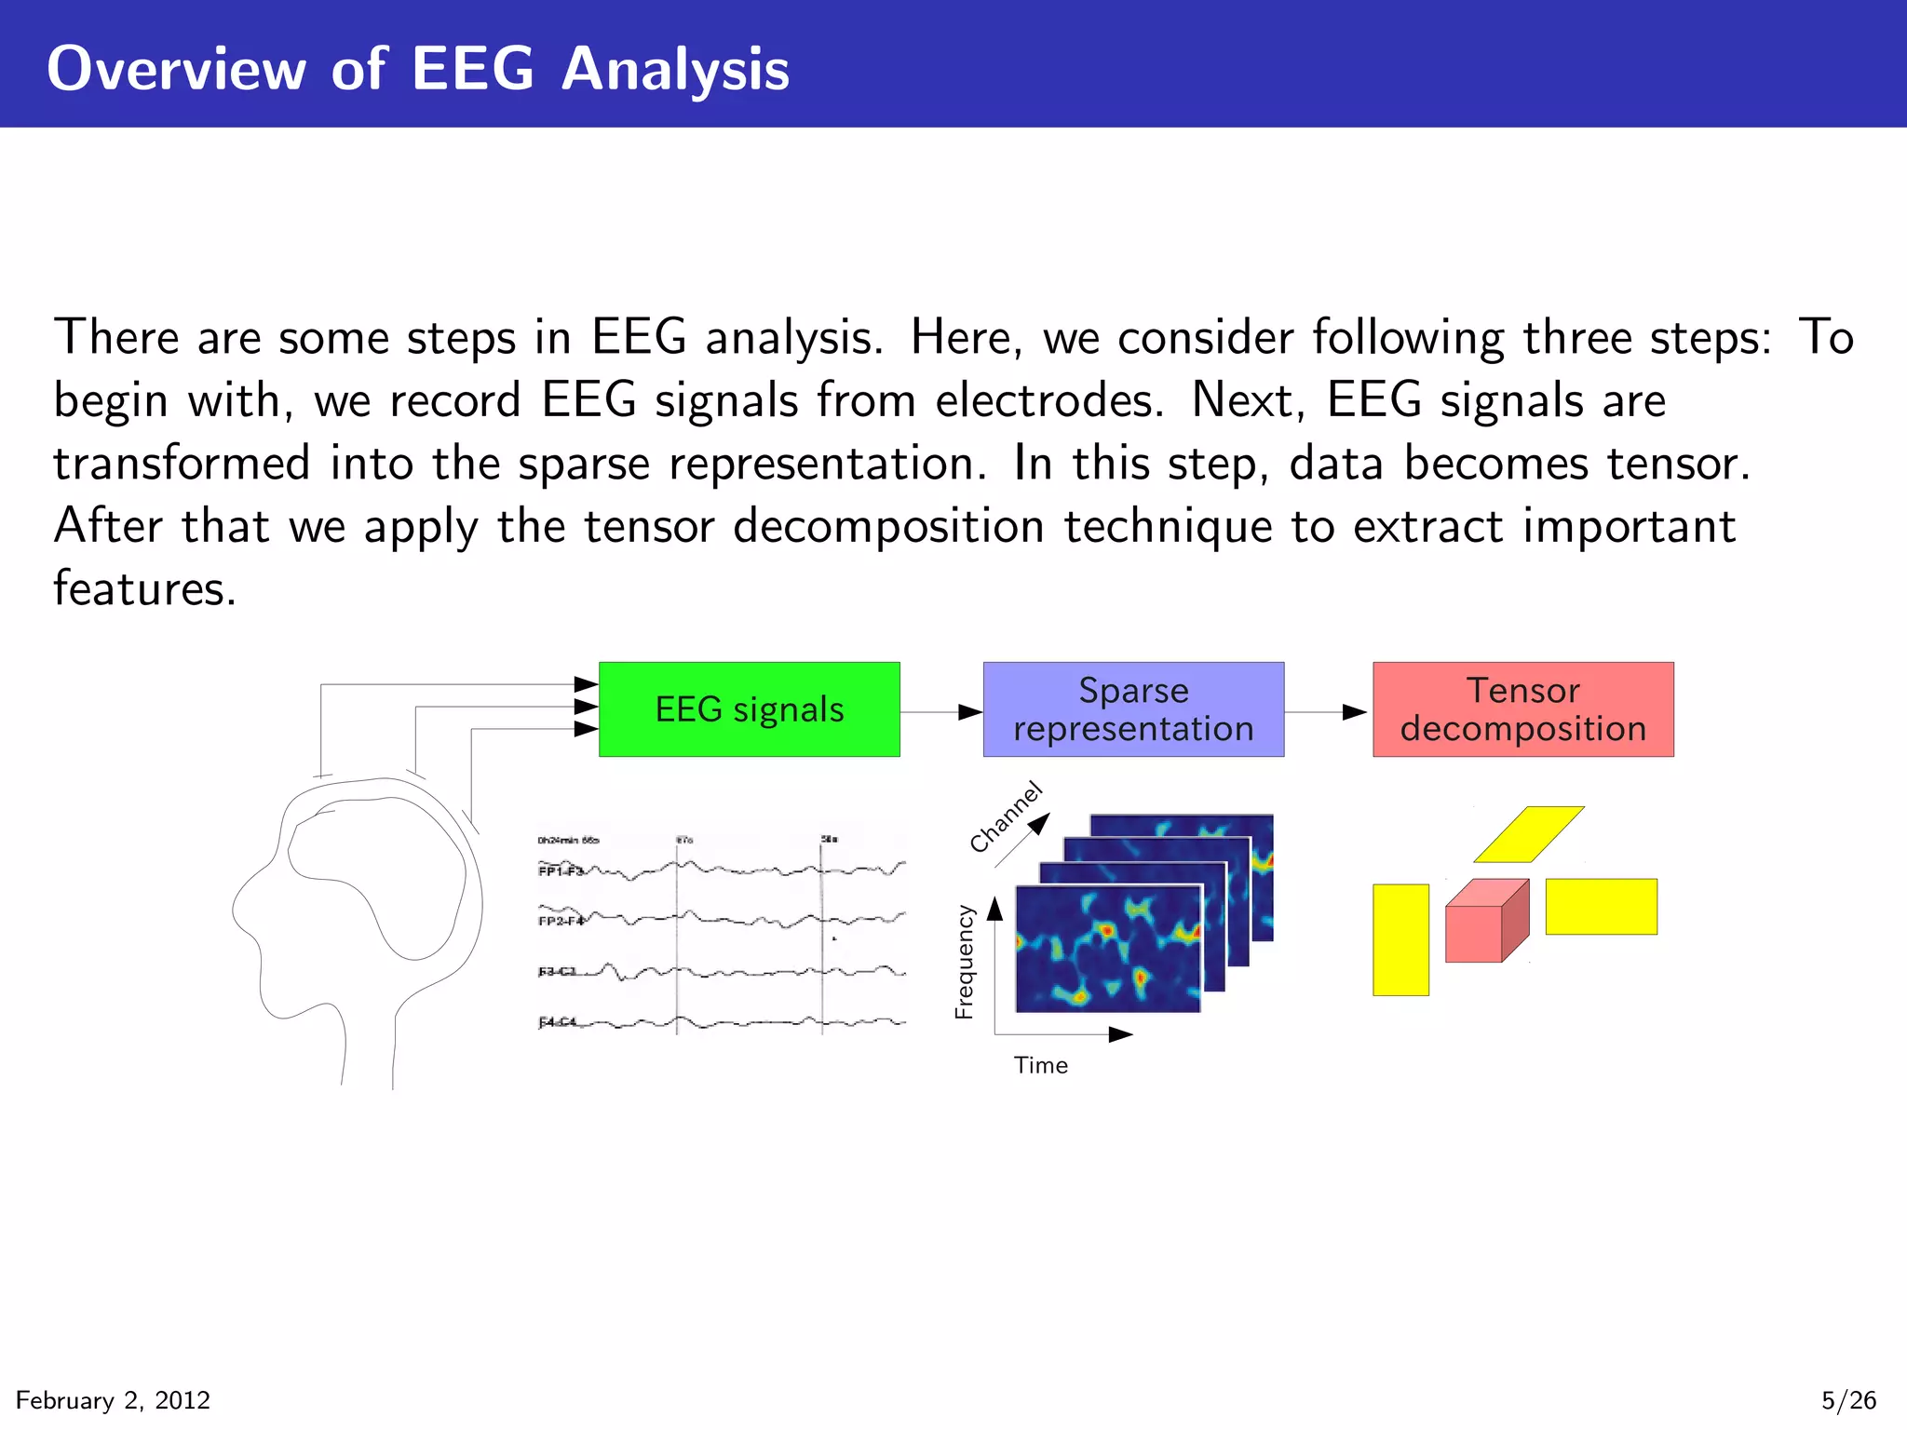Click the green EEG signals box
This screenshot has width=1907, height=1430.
(749, 709)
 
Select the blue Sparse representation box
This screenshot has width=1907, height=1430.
(1133, 709)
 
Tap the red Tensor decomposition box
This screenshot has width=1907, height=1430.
(1522, 709)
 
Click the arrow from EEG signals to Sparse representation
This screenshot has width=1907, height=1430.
(940, 712)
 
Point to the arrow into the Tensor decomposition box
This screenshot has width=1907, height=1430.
(1327, 712)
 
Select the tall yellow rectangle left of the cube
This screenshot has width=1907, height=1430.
(1400, 939)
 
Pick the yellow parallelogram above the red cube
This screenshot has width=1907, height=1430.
(1529, 833)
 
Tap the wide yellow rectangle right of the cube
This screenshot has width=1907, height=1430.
(1601, 906)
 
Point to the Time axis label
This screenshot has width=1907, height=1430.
(1040, 1065)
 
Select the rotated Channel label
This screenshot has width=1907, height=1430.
(1006, 817)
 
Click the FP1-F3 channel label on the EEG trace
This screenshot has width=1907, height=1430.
(560, 871)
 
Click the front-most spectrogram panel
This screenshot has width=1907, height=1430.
(1108, 950)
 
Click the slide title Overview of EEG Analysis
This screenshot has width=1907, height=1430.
(418, 69)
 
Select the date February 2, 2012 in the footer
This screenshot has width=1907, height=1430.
(113, 1400)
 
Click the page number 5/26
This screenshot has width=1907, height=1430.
(1848, 1400)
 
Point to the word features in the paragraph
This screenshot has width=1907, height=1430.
(144, 588)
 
